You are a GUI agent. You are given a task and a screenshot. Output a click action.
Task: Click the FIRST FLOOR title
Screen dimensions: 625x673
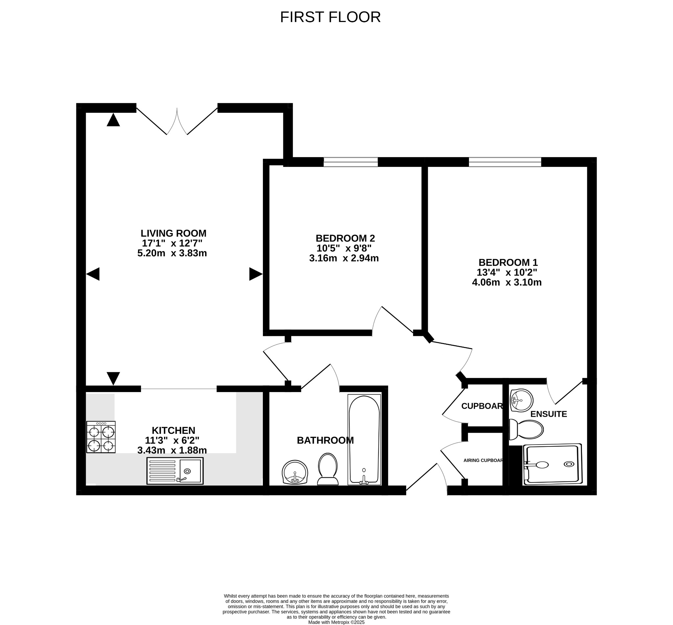click(x=330, y=17)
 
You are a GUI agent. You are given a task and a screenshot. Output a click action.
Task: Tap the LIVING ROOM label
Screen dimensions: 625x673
click(x=173, y=233)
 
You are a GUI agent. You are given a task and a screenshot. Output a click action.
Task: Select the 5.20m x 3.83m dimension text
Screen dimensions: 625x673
click(x=172, y=253)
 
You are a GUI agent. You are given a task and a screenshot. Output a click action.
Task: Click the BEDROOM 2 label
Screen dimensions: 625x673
click(x=345, y=239)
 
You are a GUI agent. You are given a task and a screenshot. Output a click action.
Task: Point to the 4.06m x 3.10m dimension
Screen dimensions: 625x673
click(x=506, y=282)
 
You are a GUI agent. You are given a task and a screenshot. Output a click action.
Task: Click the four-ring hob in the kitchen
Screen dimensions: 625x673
click(x=101, y=437)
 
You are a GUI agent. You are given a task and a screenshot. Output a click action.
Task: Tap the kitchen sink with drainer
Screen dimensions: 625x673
click(x=175, y=471)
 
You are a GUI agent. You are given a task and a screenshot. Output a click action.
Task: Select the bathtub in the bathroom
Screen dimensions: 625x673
click(x=364, y=439)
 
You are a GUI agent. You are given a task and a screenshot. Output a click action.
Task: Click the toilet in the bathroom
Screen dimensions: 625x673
click(x=328, y=470)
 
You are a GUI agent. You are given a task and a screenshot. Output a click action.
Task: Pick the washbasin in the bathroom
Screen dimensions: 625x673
click(x=295, y=472)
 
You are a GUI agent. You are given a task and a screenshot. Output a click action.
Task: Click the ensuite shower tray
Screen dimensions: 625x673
click(x=552, y=464)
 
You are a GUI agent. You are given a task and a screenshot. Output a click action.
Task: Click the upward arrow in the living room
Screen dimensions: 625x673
click(x=113, y=120)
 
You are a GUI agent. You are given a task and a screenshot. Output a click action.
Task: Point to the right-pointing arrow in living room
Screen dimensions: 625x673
click(x=256, y=274)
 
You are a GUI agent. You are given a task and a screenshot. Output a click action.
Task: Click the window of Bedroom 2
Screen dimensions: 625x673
click(x=350, y=162)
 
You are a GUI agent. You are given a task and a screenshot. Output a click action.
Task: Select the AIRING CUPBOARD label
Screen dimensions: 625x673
click(x=483, y=460)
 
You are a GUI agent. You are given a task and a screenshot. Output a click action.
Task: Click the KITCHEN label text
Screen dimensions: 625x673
click(x=173, y=430)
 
